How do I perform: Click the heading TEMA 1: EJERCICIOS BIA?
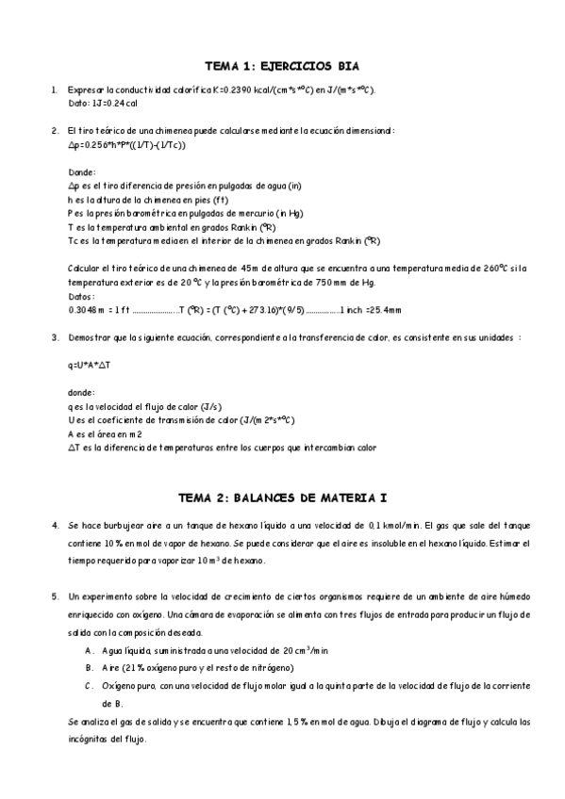pyautogui.click(x=282, y=66)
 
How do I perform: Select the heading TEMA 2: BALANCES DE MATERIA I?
pyautogui.click(x=282, y=496)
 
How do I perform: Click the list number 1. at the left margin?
pyautogui.click(x=53, y=90)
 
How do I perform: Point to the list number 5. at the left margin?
pyautogui.click(x=53, y=598)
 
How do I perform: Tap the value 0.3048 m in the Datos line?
pyautogui.click(x=88, y=309)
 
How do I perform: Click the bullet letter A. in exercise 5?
pyautogui.click(x=89, y=651)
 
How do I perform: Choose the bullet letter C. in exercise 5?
pyautogui.click(x=89, y=686)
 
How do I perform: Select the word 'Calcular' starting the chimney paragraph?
pyautogui.click(x=86, y=269)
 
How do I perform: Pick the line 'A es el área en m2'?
pyautogui.click(x=105, y=434)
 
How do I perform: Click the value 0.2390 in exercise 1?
pyautogui.click(x=240, y=90)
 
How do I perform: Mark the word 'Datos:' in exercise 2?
pyautogui.click(x=82, y=295)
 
